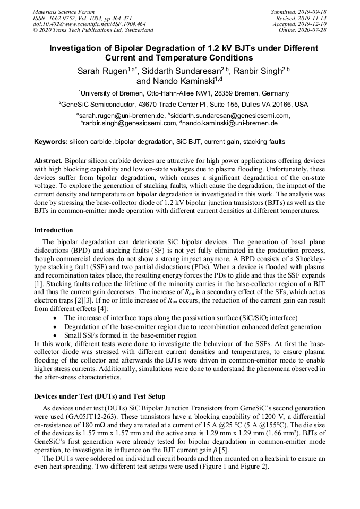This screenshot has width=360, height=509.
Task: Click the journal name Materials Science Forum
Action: [x=64, y=12]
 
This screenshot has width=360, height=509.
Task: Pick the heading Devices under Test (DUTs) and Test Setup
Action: [x=99, y=396]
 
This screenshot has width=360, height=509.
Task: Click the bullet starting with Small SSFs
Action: [x=130, y=335]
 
